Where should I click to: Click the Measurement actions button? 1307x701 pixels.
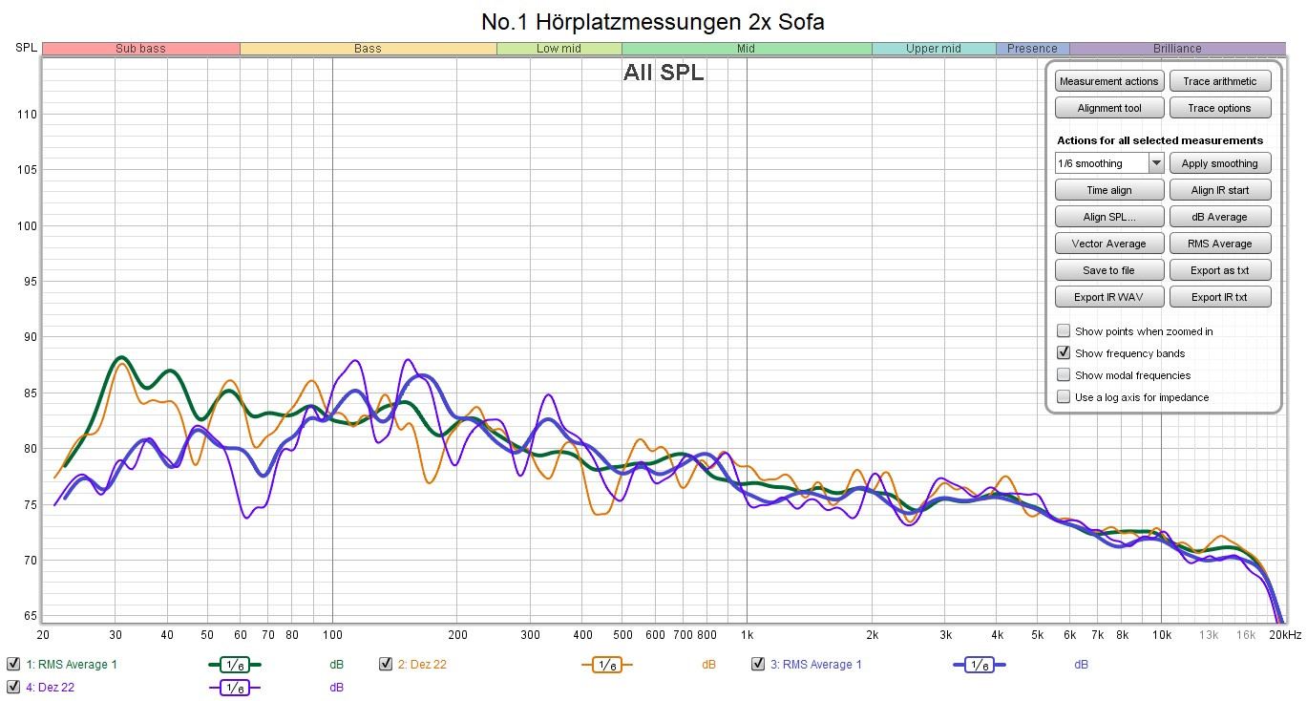(x=1108, y=81)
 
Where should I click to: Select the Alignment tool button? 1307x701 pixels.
(x=1108, y=108)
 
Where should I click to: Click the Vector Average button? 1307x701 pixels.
(x=1108, y=244)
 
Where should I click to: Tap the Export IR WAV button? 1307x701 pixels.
(x=1108, y=297)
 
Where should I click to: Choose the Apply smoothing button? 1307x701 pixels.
(x=1220, y=163)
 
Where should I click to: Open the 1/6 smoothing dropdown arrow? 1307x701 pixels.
(x=1156, y=163)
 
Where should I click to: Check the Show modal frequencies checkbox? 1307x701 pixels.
(x=1064, y=375)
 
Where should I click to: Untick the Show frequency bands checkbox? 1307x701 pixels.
(x=1064, y=353)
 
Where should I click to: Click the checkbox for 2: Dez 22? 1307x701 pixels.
(x=386, y=664)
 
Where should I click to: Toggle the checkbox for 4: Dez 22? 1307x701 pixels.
(x=13, y=686)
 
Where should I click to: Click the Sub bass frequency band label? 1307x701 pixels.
(x=140, y=49)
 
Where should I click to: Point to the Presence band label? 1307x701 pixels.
(x=1032, y=49)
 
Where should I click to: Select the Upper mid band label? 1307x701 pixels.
(x=933, y=49)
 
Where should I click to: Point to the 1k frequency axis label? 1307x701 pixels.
(x=747, y=634)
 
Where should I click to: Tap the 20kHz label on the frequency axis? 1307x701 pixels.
(x=1284, y=634)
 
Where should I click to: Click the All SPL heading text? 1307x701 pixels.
(x=664, y=73)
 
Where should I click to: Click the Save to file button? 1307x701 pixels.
(x=1108, y=270)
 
